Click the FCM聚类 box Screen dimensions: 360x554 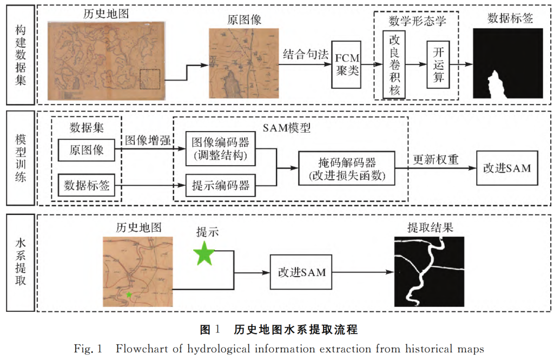click(x=347, y=64)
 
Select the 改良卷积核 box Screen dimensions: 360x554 click(x=394, y=64)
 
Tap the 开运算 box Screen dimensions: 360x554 click(x=438, y=64)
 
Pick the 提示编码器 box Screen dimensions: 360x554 click(x=220, y=186)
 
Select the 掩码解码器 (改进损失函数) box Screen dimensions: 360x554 click(x=346, y=169)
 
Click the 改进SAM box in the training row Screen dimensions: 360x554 click(x=507, y=168)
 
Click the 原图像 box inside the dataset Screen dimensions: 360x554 click(x=87, y=150)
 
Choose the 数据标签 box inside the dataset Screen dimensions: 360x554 click(x=87, y=186)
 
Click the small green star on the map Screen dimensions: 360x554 click(x=129, y=294)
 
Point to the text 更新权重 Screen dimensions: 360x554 click(x=436, y=160)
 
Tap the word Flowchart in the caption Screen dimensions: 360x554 click(x=141, y=348)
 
